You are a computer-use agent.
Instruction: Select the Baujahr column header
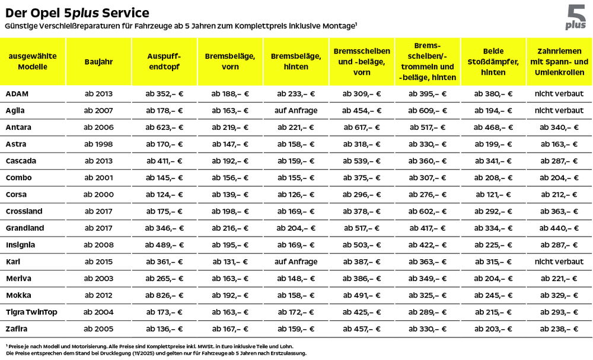tap(98, 61)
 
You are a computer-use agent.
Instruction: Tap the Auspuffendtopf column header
tap(164, 61)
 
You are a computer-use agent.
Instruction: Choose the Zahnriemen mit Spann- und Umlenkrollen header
tap(559, 61)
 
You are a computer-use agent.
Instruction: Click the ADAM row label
tap(17, 94)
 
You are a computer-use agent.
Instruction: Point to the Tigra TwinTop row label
tap(31, 311)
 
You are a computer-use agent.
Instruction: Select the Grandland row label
tap(24, 228)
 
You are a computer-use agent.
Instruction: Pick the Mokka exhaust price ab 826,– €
tap(164, 295)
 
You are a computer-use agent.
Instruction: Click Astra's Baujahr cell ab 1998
tap(98, 144)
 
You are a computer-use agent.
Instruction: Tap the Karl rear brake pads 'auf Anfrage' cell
tap(296, 262)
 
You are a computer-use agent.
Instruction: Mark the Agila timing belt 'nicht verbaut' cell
tap(559, 110)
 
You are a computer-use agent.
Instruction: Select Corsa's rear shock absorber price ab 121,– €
tap(493, 195)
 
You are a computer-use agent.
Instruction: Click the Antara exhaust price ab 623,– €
tap(164, 128)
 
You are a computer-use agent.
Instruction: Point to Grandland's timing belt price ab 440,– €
tap(559, 228)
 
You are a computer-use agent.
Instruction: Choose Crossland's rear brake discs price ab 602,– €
tap(427, 211)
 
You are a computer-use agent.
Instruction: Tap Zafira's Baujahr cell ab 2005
tap(98, 329)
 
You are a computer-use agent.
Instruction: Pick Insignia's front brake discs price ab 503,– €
tap(362, 244)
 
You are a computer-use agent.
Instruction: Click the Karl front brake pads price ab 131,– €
tap(230, 262)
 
